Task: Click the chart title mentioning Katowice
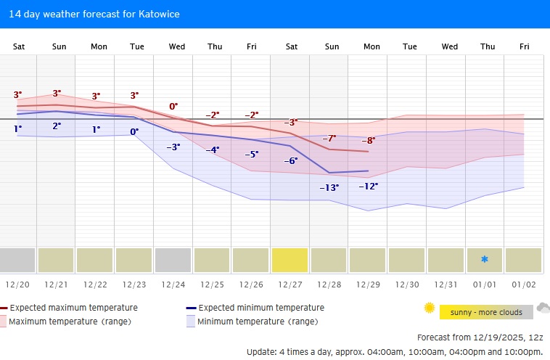coord(94,14)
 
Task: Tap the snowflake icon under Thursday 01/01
coord(485,260)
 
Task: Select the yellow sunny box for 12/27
coord(290,260)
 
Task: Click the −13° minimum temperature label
coord(329,187)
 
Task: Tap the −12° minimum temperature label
coord(368,186)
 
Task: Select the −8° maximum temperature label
coord(369,140)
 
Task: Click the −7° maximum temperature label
coord(329,138)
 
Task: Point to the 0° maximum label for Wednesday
coord(173,106)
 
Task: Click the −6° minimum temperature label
coord(290,160)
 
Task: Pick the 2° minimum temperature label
coord(57,126)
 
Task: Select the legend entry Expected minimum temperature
coord(260,308)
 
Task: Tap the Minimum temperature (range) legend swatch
coord(191,321)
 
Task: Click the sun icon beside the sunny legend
coord(429,308)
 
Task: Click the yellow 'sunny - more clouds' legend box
coord(476,312)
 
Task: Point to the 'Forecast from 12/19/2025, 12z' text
coord(480,337)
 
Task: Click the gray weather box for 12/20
coord(17,260)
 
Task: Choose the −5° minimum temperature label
coord(251,154)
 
